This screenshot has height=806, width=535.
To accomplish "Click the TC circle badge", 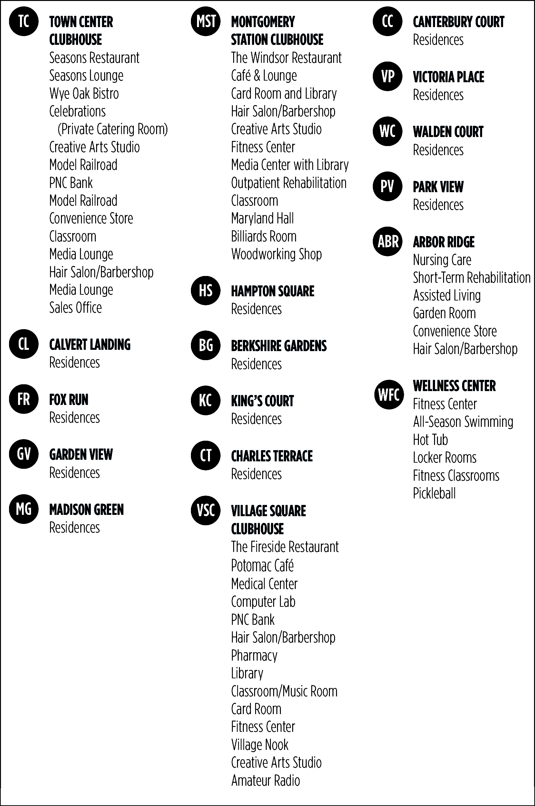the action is coord(24,21).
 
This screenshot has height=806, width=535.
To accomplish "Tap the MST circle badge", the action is coord(206,21).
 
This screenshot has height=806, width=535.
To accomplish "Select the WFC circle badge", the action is coord(389,395).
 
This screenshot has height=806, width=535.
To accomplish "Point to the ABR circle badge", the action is coord(388,241).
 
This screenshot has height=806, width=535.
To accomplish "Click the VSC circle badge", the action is coord(206,510).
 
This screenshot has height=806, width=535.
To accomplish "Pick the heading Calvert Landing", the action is coord(90,345).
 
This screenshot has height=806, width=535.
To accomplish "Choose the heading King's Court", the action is coord(263,401).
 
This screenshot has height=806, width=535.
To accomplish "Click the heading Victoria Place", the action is coord(448,77).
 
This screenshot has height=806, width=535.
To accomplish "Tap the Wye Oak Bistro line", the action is coord(84,94).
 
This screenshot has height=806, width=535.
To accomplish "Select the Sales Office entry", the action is coord(75,308).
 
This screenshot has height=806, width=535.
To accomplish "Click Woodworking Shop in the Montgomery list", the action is coord(276,254).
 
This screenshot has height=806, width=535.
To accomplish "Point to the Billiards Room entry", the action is coord(264,236).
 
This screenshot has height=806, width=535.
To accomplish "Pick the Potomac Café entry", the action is coord(263,565).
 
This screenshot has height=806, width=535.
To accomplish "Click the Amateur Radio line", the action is coord(265,781).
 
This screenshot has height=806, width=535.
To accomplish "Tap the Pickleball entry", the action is coord(434,493).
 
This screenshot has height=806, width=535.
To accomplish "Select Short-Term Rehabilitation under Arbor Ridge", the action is coord(472,278).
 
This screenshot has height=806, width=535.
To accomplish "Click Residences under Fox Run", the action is coord(74,418).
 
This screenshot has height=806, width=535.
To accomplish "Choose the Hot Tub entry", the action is coord(430,440).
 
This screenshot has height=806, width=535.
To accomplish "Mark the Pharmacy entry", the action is coord(254,655).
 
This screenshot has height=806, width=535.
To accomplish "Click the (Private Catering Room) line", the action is coord(113,129).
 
